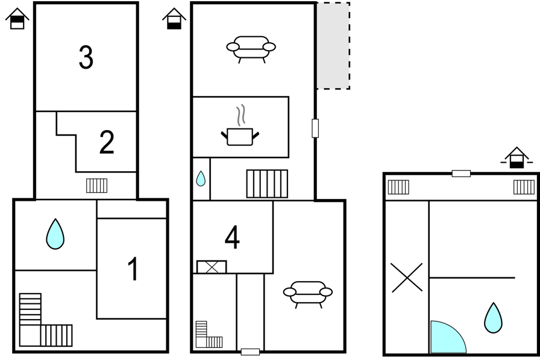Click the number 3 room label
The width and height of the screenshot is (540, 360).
coord(86,57)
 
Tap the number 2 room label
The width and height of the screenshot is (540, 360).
coord(107,142)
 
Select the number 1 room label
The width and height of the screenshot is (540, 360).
coord(134,269)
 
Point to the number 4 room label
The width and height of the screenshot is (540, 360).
coord(232,237)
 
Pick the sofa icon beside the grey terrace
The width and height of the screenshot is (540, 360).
coord(251,49)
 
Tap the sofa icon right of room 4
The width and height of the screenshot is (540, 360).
coord(308,294)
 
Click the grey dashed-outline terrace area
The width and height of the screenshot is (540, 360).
coord(333,46)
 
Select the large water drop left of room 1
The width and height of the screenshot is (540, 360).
coord(55,234)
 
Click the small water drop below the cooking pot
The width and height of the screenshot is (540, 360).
coord(201,179)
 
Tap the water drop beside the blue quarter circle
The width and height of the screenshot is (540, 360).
coord(493,318)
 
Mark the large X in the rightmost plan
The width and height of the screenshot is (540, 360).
coord(407,277)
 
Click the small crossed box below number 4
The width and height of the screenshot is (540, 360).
coord(212,267)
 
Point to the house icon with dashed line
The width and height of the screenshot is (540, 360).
coord(516,158)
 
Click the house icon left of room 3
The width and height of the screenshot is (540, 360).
coord(17,19)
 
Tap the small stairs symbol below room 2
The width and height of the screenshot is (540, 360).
coord(97,186)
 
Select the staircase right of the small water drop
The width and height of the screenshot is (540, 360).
coord(267,183)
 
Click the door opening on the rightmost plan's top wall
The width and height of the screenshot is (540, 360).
coord(461,174)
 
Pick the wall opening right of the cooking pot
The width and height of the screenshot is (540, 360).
coord(315,128)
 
